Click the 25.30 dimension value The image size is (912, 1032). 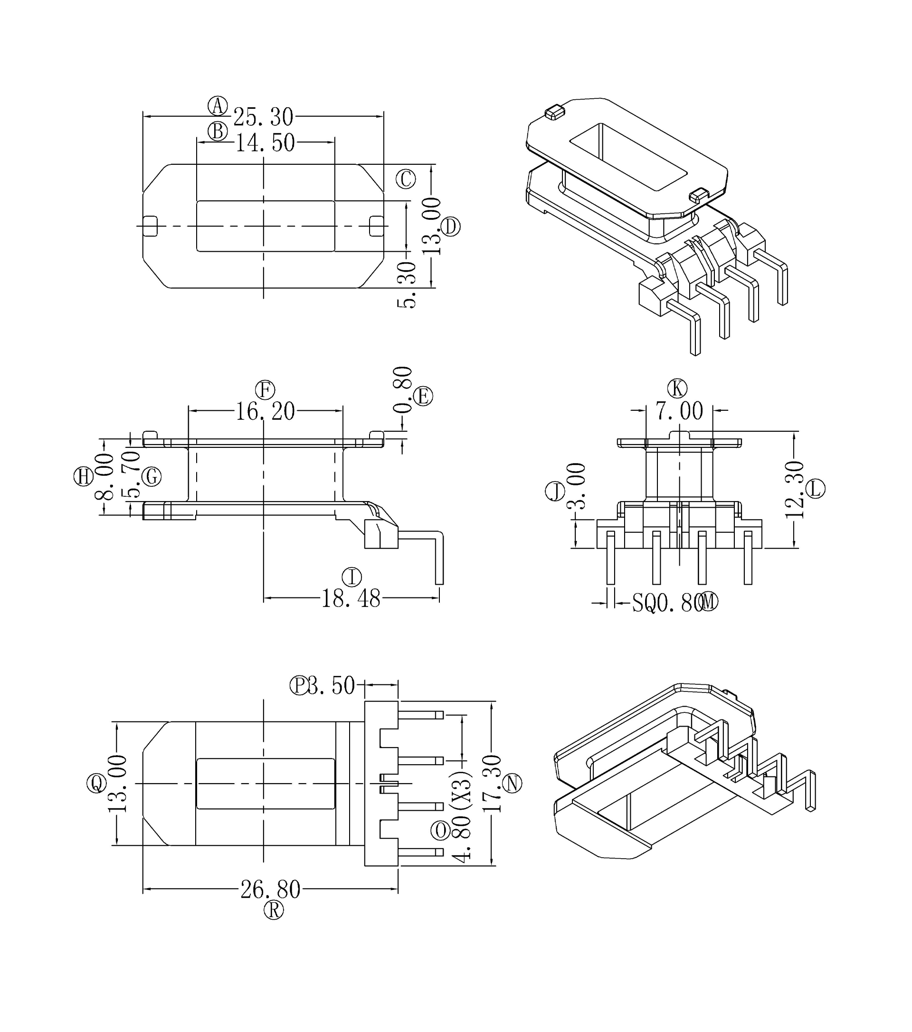click(x=263, y=117)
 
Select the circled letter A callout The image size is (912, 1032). click(x=218, y=106)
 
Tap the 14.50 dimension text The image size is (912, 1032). click(x=265, y=143)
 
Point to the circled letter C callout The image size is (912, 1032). click(x=406, y=179)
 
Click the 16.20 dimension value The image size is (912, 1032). click(x=265, y=411)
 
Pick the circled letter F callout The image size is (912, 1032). click(x=265, y=390)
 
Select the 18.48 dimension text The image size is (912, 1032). click(x=351, y=599)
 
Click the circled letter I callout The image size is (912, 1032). click(x=352, y=577)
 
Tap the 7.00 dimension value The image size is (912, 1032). click(x=679, y=411)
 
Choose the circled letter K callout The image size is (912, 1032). click(x=677, y=388)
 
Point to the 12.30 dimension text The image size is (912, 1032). click(x=794, y=490)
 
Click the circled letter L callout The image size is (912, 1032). click(x=815, y=488)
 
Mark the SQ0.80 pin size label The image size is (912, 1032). click(x=667, y=603)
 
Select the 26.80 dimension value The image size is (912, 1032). click(x=270, y=890)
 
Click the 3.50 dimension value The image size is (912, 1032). click(x=331, y=686)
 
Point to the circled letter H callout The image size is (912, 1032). click(x=83, y=477)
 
